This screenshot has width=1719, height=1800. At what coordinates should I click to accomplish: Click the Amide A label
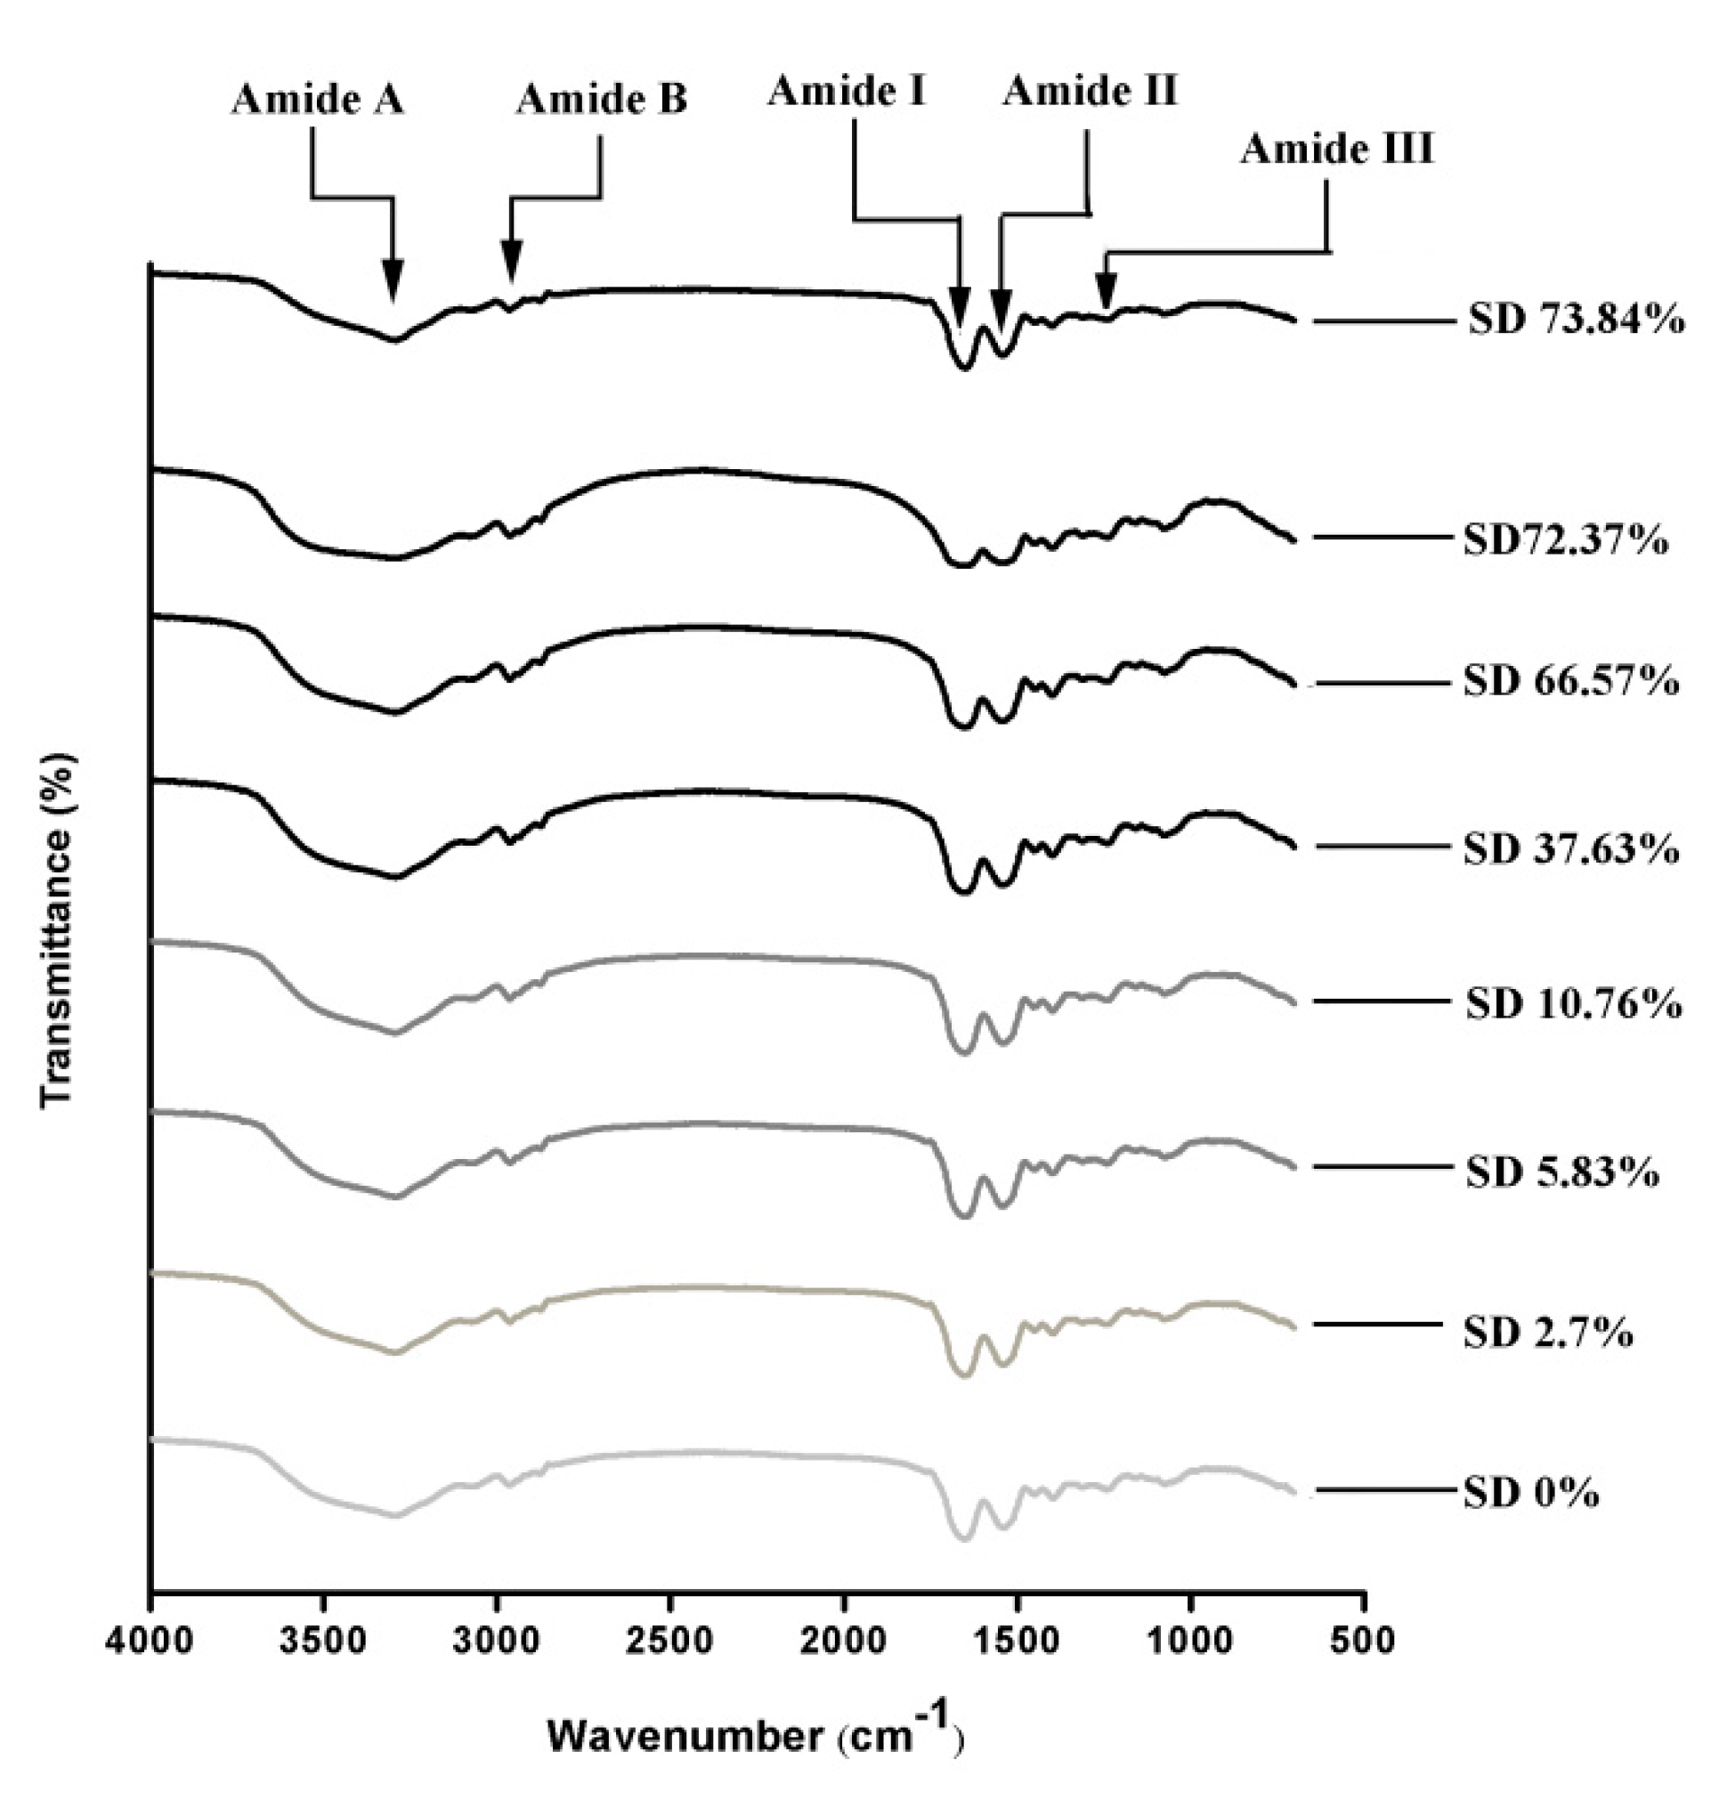point(317,99)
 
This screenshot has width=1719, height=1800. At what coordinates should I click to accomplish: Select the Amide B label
point(601,99)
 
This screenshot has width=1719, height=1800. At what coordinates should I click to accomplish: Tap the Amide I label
point(847,92)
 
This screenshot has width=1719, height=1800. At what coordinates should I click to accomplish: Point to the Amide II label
point(1090,92)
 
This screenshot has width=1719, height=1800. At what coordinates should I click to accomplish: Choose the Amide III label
point(1337,149)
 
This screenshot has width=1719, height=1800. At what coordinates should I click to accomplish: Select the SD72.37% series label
point(1565,540)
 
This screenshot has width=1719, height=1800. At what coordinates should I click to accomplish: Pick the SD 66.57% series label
point(1570,682)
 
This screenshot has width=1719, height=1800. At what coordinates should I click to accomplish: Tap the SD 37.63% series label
point(1570,849)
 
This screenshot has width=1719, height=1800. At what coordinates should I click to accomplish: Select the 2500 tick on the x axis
point(669,1640)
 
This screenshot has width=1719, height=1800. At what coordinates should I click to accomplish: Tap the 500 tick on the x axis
point(1364,1640)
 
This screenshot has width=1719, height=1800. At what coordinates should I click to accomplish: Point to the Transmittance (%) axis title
point(57,930)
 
